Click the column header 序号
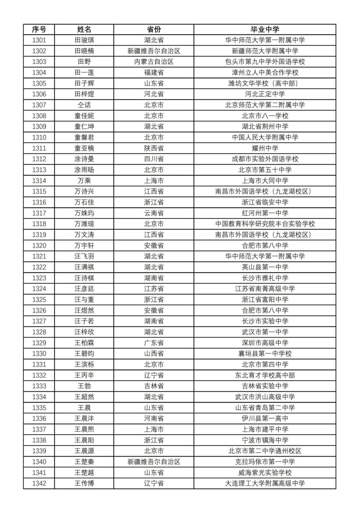39,29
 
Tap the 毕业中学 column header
265,29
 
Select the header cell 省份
154,29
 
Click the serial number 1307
39,105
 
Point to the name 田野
84,62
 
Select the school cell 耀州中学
265,148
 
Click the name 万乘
84,181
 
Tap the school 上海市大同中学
265,181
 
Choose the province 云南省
154,213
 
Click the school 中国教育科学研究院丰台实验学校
265,224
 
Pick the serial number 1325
39,300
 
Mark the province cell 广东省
154,343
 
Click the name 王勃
84,386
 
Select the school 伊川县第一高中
265,418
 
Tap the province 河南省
154,418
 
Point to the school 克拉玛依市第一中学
265,462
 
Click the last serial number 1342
39,483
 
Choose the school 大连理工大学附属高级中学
265,483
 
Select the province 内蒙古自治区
154,62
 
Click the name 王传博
84,483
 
